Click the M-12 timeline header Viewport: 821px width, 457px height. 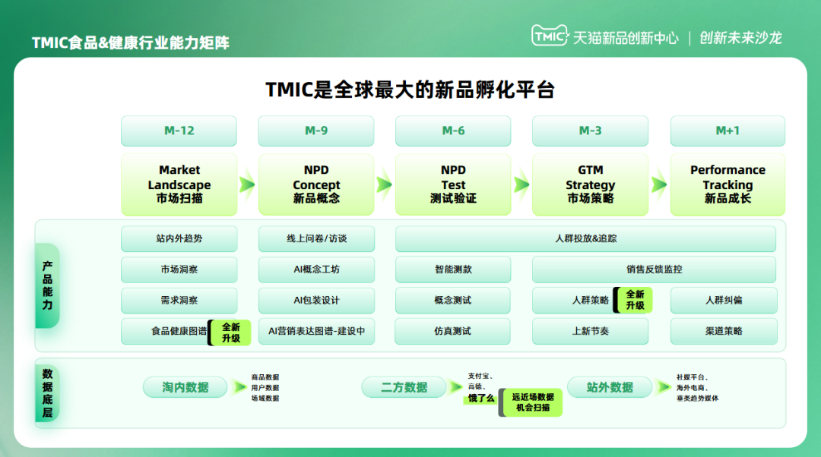click(179, 131)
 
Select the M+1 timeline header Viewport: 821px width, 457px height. click(727, 131)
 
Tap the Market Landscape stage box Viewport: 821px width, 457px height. click(179, 184)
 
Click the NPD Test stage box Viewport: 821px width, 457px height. click(453, 184)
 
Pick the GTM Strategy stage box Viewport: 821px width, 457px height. click(590, 184)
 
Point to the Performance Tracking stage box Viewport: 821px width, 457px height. click(727, 184)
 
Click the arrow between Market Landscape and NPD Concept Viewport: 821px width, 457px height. click(247, 184)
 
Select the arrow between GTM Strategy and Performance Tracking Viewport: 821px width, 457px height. click(659, 184)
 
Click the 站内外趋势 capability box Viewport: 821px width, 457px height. click(179, 238)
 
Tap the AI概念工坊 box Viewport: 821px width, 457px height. click(316, 269)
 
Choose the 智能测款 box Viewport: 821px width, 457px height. click(453, 269)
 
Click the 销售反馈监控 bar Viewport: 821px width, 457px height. click(654, 269)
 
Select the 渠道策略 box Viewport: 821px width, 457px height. click(724, 331)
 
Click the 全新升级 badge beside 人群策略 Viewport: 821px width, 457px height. click(633, 300)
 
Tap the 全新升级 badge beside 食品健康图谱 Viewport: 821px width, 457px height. click(230, 333)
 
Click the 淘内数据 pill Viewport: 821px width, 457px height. click(185, 387)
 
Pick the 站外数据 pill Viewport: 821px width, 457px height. click(610, 387)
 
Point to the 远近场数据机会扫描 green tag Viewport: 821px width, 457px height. click(531, 402)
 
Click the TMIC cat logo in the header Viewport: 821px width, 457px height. click(550, 36)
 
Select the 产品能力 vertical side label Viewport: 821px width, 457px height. click(47, 285)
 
